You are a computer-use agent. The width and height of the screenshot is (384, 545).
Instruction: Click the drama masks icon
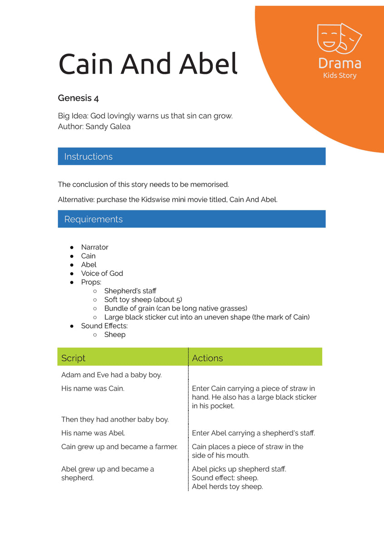pos(339,38)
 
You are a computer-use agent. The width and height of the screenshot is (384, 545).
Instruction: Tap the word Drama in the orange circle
pos(340,63)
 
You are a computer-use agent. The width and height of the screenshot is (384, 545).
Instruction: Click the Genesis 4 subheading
pos(78,98)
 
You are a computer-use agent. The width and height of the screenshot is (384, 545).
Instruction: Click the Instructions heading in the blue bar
pos(88,157)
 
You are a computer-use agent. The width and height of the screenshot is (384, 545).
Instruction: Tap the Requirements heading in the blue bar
pos(93,219)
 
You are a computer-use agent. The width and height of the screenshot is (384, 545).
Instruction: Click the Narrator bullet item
pos(94,247)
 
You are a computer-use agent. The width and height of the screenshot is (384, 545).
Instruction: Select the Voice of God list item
pos(102,273)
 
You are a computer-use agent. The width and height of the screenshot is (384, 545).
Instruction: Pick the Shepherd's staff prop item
pos(130,291)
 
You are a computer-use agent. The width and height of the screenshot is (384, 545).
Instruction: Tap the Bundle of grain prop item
pos(176,308)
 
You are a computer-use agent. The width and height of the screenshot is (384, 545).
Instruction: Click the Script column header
pos(73,358)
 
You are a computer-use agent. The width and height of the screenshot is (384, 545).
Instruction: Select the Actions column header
pos(207,358)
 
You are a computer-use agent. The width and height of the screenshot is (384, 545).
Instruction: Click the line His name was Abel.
pos(93,433)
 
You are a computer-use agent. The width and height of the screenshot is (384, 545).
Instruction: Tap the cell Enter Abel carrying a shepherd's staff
pos(253,433)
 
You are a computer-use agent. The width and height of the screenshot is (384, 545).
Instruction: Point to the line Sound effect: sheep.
pos(225,478)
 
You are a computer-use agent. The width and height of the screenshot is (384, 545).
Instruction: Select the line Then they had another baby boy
pos(115,420)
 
